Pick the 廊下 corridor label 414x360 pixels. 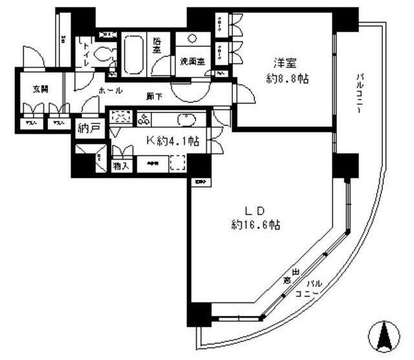tap(154, 97)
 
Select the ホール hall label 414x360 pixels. tap(111, 91)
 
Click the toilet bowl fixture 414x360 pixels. tap(102, 55)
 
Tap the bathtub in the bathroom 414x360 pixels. tap(136, 55)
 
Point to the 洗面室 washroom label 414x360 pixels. tap(191, 62)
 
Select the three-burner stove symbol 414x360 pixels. tap(144, 118)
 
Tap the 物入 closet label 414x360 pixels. tap(120, 166)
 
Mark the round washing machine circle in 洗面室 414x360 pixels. tap(193, 39)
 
